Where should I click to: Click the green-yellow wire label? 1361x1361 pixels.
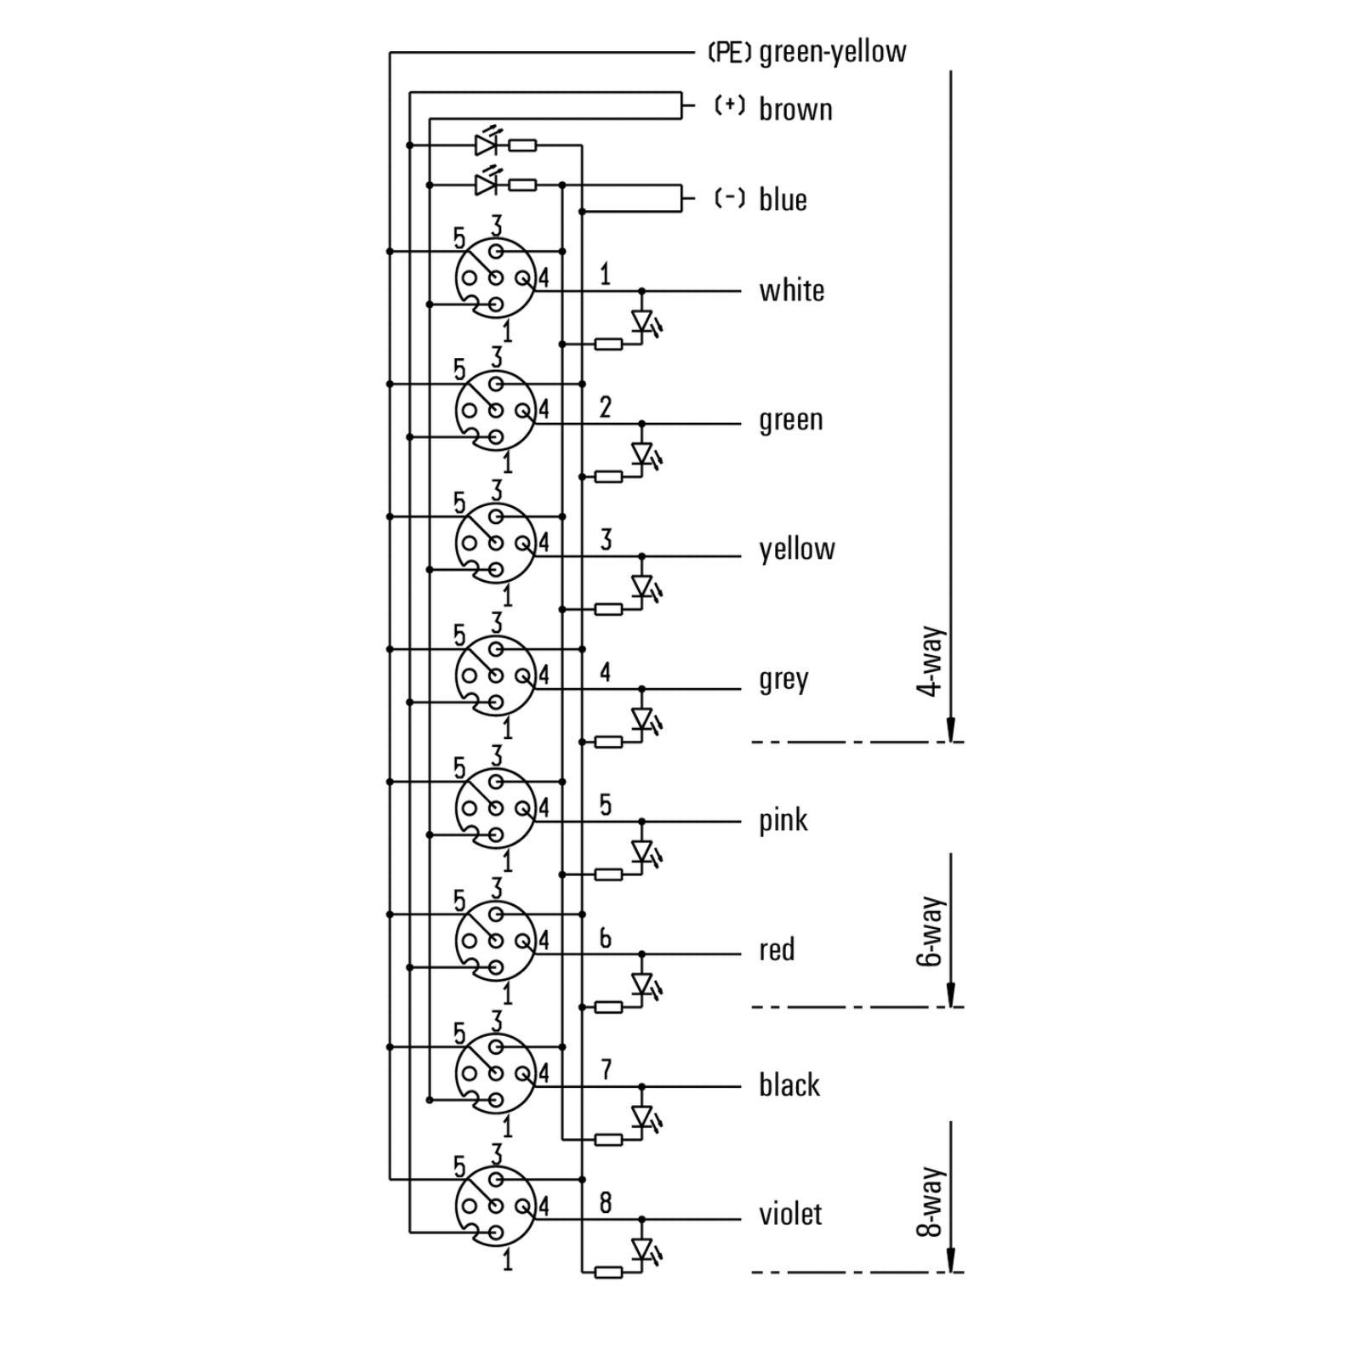[833, 53]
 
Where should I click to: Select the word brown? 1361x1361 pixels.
[795, 109]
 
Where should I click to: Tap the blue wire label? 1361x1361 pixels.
[783, 199]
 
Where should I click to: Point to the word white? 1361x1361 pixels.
[792, 290]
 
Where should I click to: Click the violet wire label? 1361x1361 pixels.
[790, 1214]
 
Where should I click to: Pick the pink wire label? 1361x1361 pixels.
[783, 821]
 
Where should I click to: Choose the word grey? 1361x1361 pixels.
[783, 680]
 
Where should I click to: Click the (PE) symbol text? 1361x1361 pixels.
[730, 53]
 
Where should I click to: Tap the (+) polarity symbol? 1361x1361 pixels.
[730, 105]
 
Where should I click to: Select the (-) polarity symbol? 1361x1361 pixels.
[730, 198]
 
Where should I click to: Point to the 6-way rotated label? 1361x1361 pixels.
[931, 931]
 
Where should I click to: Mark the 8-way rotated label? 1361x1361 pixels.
[931, 1201]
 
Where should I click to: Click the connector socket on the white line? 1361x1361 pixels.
[495, 278]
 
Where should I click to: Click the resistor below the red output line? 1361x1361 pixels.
[608, 1007]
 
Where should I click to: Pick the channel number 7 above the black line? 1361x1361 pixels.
[606, 1070]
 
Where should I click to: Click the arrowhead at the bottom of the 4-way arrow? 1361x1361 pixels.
[951, 729]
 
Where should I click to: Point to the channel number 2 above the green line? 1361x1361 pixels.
[606, 407]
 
